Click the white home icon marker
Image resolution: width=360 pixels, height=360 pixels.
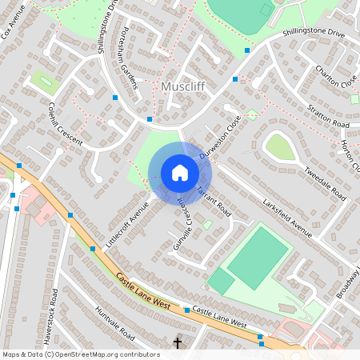click(179, 173)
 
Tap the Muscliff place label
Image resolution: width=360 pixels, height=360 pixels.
click(185, 86)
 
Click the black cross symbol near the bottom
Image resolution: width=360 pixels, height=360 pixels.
click(178, 343)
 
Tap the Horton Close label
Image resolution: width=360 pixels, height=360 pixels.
click(350, 153)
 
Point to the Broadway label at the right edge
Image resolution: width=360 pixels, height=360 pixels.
click(349, 284)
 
